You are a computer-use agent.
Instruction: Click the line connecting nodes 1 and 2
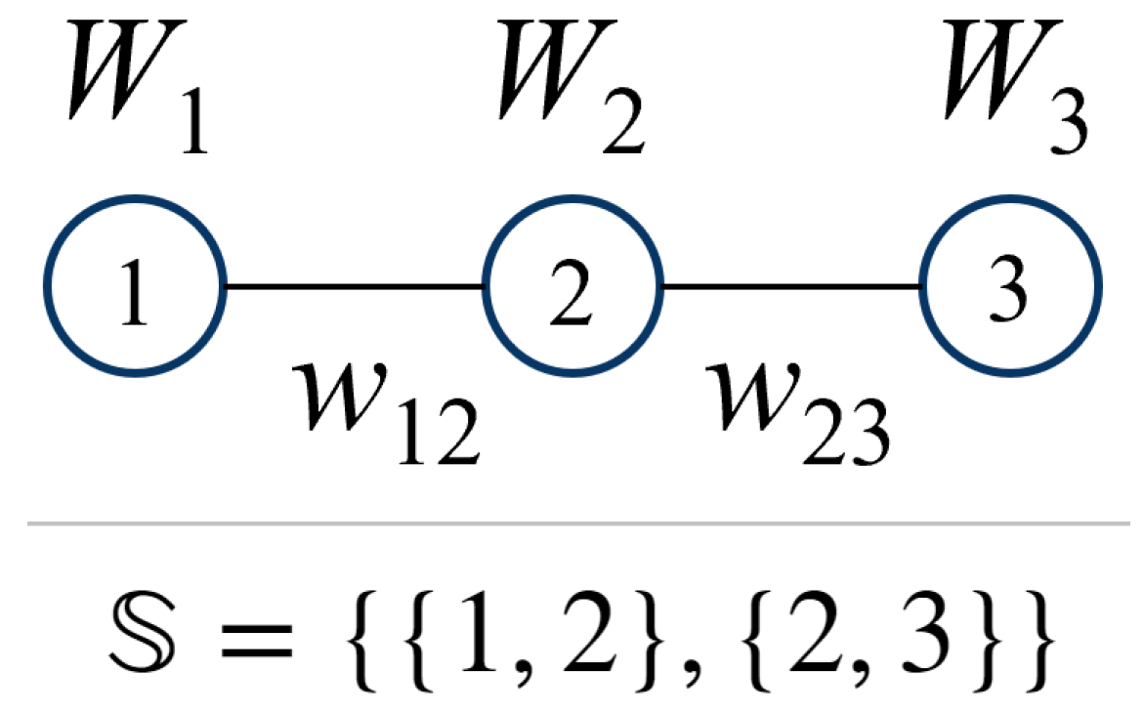pos(356,286)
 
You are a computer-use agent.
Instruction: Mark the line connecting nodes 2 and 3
pos(792,286)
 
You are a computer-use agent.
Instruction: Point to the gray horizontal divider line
pos(572,524)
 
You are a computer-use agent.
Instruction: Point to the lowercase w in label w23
pos(752,397)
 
